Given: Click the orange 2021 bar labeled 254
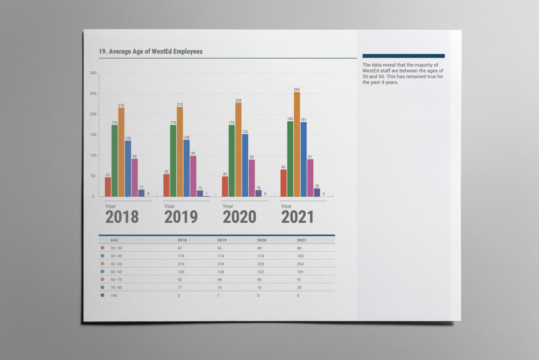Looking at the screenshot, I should pyautogui.click(x=297, y=144).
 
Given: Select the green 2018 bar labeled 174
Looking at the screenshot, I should pyautogui.click(x=114, y=161).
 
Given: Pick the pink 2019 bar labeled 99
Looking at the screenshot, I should pyautogui.click(x=193, y=176).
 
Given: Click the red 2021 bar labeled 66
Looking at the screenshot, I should pyautogui.click(x=284, y=183).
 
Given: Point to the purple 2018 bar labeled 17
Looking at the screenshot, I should pyautogui.click(x=142, y=193).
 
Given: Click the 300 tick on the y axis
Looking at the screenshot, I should pyautogui.click(x=93, y=73).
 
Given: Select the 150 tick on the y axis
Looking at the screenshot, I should pyautogui.click(x=93, y=135).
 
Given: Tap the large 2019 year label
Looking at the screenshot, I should pyautogui.click(x=181, y=217).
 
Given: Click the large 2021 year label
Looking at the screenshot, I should pyautogui.click(x=298, y=217).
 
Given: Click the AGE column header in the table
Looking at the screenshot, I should pyautogui.click(x=114, y=240).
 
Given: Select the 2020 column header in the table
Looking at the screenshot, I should pyautogui.click(x=262, y=240).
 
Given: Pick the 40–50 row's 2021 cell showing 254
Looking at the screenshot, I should pyautogui.click(x=301, y=264).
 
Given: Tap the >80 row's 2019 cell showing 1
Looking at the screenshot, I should pyautogui.click(x=219, y=295).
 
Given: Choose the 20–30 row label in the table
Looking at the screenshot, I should pyautogui.click(x=116, y=248).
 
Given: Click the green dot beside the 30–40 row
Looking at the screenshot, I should pyautogui.click(x=102, y=256).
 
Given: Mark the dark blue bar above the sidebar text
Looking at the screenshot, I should pyautogui.click(x=403, y=56).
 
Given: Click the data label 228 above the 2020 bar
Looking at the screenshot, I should pyautogui.click(x=239, y=101).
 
